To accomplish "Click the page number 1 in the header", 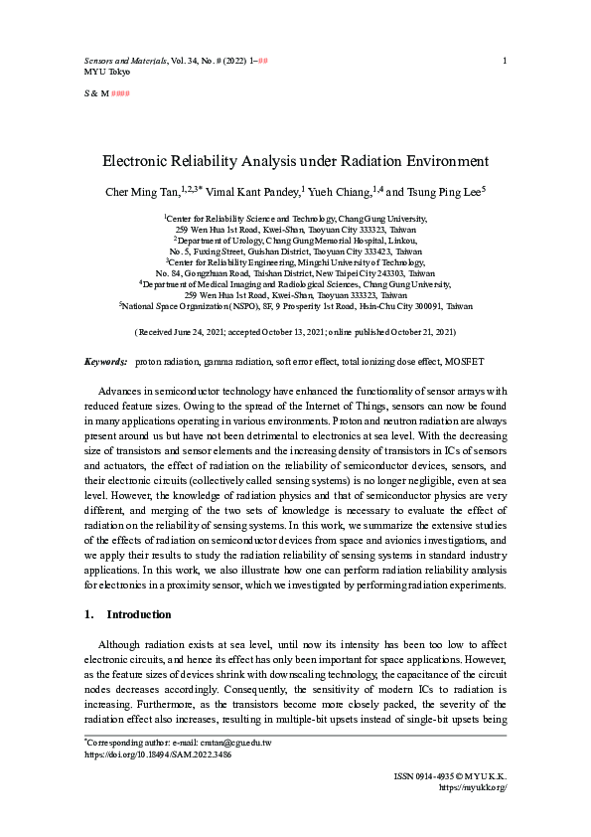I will click(x=505, y=62).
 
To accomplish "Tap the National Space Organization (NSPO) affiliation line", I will click(x=296, y=307).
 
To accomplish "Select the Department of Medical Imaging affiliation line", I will click(x=296, y=283).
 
